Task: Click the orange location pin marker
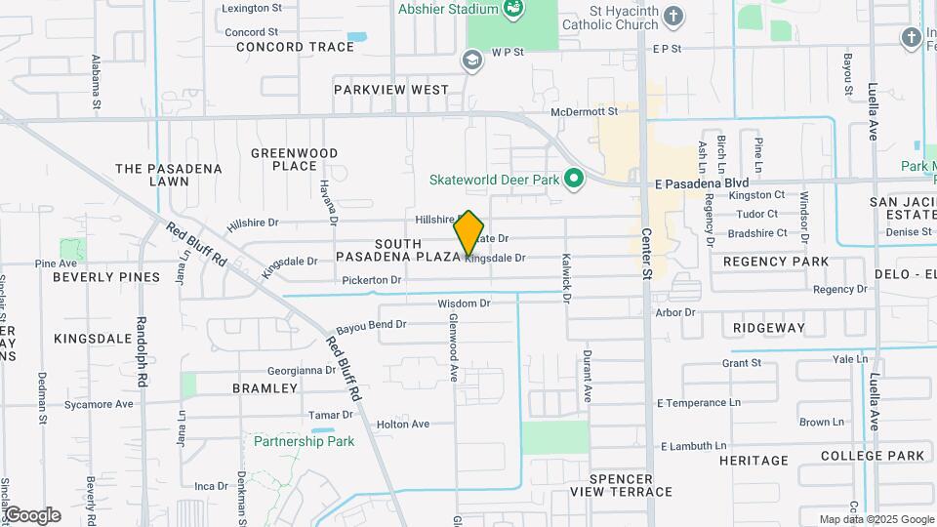point(469,233)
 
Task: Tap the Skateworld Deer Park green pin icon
point(575,179)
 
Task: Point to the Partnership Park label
point(304,441)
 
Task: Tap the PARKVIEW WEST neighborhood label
point(391,90)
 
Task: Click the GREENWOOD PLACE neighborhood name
point(294,160)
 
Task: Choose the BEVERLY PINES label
point(105,277)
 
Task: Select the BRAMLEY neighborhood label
point(265,388)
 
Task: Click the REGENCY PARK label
point(776,262)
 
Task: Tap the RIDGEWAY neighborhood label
point(770,329)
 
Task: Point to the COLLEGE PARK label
point(872,456)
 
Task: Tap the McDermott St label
point(585,112)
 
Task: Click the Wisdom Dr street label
point(464,304)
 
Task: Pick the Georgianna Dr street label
point(302,371)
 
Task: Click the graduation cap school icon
point(472,61)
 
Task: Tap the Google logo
point(31,514)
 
